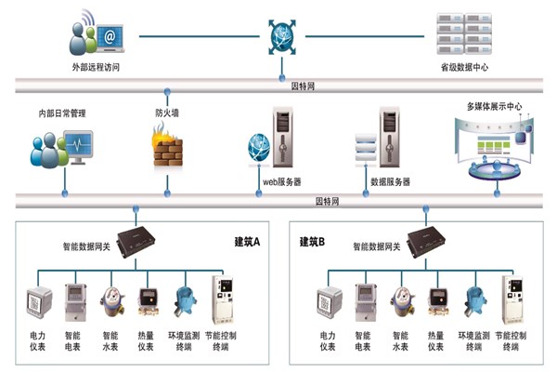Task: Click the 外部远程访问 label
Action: point(96,68)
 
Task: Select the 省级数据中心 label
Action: point(463,68)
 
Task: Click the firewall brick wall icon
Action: point(167,148)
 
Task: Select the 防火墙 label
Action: point(167,113)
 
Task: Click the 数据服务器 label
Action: point(390,182)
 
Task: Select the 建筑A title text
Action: point(248,242)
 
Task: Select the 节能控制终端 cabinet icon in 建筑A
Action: point(222,298)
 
